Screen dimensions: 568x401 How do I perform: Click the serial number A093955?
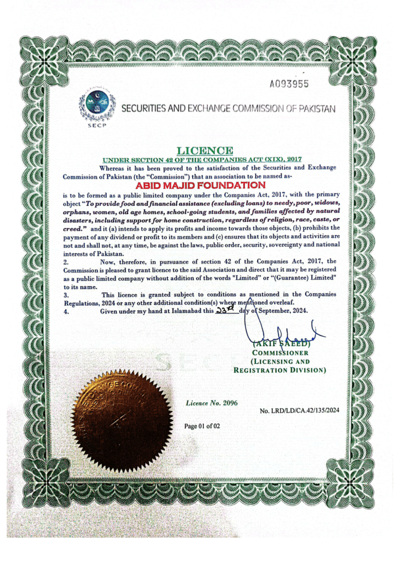[289, 85]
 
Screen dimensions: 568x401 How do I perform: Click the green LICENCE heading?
[204, 150]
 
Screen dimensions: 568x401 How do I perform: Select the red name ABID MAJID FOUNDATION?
[200, 185]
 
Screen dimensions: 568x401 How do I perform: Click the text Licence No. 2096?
[212, 403]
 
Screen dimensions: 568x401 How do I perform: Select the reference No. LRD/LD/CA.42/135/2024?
[299, 410]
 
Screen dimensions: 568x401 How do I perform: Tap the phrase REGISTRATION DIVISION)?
[279, 369]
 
